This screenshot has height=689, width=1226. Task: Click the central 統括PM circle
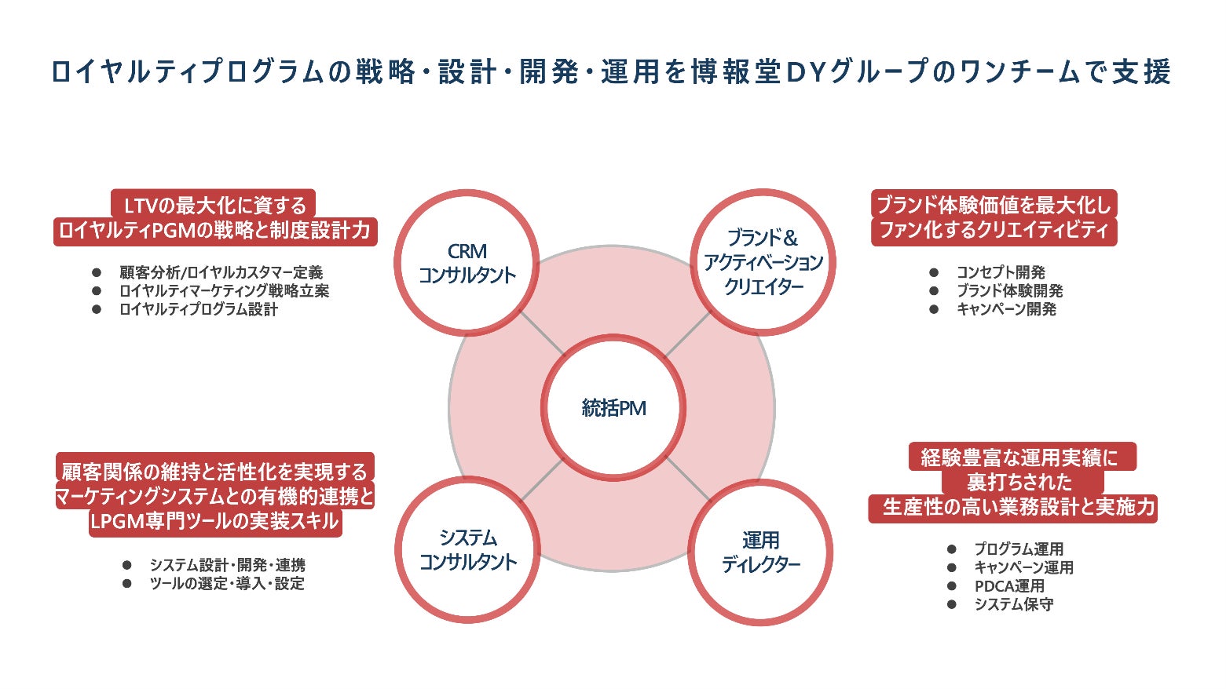click(613, 408)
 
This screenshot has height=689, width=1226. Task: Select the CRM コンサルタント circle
click(467, 263)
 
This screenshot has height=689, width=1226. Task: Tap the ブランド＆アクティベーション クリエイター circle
click(762, 262)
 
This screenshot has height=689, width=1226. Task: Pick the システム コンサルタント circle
click(467, 550)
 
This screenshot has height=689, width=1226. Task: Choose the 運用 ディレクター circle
click(760, 552)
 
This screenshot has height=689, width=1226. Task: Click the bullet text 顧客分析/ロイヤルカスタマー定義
click(221, 272)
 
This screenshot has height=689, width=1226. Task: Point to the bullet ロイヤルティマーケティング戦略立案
click(224, 290)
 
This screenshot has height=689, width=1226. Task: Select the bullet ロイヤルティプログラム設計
click(198, 309)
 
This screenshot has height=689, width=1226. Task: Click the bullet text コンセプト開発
click(1000, 272)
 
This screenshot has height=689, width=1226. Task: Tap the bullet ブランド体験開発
click(1009, 290)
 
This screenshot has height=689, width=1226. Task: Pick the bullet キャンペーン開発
click(1005, 309)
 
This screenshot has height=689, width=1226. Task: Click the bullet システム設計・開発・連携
click(227, 565)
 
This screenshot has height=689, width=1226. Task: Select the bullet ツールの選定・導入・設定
click(226, 584)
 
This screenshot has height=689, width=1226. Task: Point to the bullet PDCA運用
click(1009, 586)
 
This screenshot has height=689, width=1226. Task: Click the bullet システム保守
click(1013, 604)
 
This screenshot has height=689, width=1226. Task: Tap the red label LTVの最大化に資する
click(214, 206)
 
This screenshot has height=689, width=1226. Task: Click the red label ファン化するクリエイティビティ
click(994, 231)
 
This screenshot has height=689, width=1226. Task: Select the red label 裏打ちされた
click(1019, 482)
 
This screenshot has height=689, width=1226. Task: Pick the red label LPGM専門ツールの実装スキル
click(214, 522)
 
